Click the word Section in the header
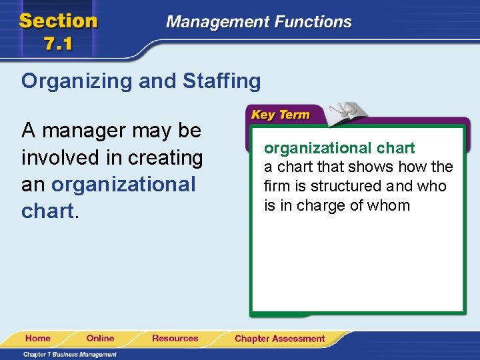[59, 21]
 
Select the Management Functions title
[259, 21]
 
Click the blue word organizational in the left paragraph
[123, 184]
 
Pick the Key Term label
[280, 115]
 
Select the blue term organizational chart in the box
[339, 148]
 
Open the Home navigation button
[38, 339]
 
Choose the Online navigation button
[100, 339]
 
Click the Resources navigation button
[175, 339]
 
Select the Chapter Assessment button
[279, 339]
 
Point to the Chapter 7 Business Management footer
[70, 354]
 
